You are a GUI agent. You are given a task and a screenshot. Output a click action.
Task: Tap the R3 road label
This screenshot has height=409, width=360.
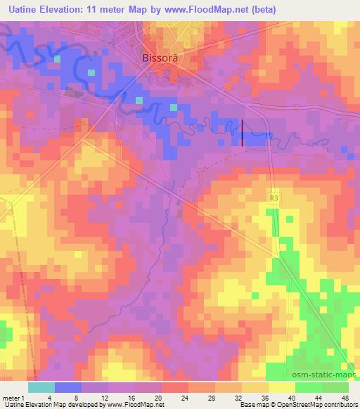coord(274,200)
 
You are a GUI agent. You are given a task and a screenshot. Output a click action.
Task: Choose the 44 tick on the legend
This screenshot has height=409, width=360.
coord(321,397)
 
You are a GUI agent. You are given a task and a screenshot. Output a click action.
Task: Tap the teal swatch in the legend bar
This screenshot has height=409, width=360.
coord(41,387)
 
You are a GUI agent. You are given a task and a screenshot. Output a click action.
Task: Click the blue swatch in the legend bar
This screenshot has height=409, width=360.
coord(67,387)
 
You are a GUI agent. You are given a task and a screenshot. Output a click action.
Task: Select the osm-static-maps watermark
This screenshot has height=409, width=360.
coord(324,376)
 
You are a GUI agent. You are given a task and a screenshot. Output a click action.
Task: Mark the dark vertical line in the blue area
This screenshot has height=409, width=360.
coord(243,133)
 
